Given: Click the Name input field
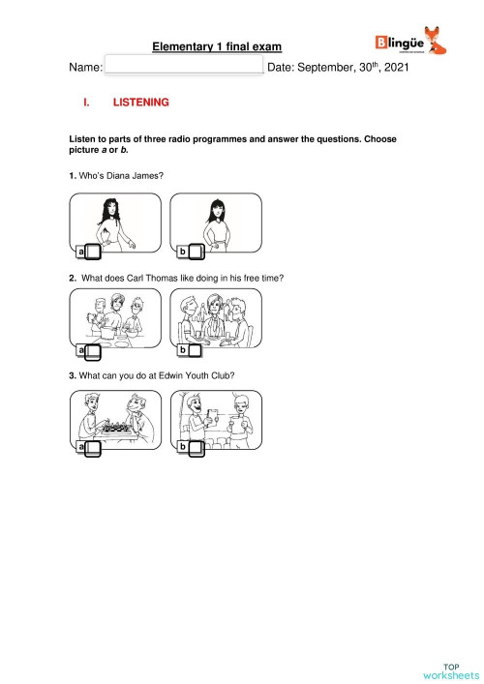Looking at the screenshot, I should coord(183,66).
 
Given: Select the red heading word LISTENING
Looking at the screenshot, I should coord(141,102).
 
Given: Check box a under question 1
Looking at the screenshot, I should coord(94,252).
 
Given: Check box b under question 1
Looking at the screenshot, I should coord(195,252).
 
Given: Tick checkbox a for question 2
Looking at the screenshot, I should coord(94,349).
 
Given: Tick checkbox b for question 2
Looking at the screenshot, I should coord(195,349).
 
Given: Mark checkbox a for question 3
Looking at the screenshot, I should coord(94,447).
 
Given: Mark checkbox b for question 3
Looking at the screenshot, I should coord(195,447).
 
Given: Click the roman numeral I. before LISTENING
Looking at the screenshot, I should coord(87,102).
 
